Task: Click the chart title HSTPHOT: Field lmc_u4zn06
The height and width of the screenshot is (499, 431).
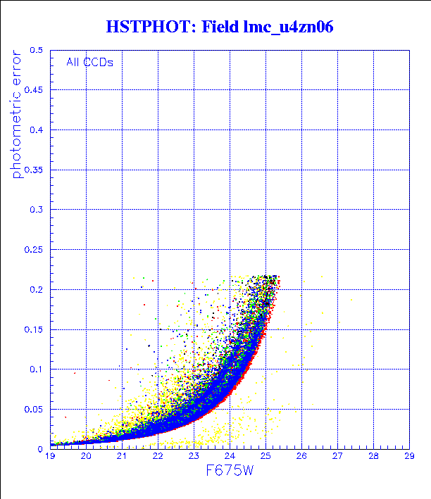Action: (219, 27)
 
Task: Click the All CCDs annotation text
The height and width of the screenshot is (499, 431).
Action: (89, 62)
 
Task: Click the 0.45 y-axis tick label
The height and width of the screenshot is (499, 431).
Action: (35, 90)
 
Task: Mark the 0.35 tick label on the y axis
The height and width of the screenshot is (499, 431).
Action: (35, 170)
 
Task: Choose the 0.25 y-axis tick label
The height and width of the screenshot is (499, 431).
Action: (35, 249)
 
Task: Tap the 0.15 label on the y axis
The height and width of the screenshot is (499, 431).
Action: (35, 329)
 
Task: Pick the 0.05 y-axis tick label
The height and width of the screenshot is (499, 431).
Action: (35, 409)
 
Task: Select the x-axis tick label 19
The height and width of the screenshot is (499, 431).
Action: (50, 457)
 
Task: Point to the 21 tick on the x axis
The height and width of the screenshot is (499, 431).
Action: (122, 457)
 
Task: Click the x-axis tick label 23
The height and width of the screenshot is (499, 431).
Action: (194, 457)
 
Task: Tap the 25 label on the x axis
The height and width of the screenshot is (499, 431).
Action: (266, 457)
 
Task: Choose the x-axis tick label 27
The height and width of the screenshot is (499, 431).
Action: (337, 457)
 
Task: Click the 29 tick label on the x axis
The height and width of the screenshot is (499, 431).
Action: (409, 457)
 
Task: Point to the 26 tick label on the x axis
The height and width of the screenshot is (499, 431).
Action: (301, 457)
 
